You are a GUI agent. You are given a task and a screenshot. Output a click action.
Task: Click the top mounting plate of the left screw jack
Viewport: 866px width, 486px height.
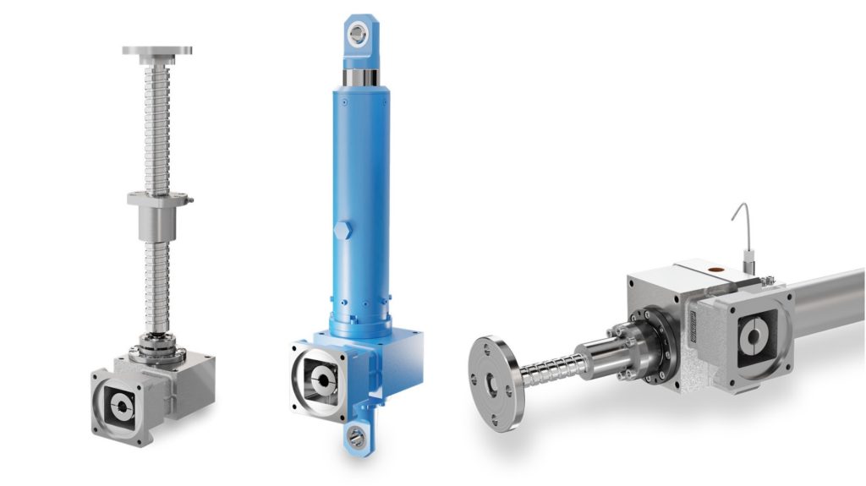point(156,51)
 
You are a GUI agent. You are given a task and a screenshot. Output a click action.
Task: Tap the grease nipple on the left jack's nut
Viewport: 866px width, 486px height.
point(190,200)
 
